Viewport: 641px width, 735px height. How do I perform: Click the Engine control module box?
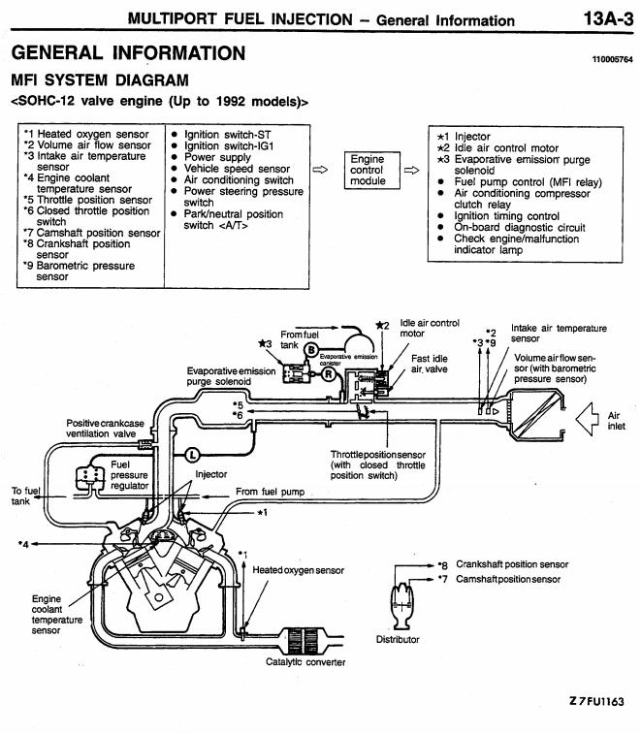point(368,170)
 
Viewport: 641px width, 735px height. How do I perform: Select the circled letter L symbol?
point(190,453)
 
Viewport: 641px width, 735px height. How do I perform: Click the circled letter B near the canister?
point(312,348)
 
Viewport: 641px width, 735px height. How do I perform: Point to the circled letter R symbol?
point(329,371)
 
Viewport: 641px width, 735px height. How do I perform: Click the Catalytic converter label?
point(306,662)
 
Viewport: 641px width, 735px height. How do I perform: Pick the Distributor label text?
point(398,639)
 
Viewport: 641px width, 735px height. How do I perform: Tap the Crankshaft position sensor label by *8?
point(512,564)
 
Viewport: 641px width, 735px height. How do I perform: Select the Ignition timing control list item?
point(506,216)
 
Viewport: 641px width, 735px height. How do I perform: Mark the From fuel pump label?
point(271,492)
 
